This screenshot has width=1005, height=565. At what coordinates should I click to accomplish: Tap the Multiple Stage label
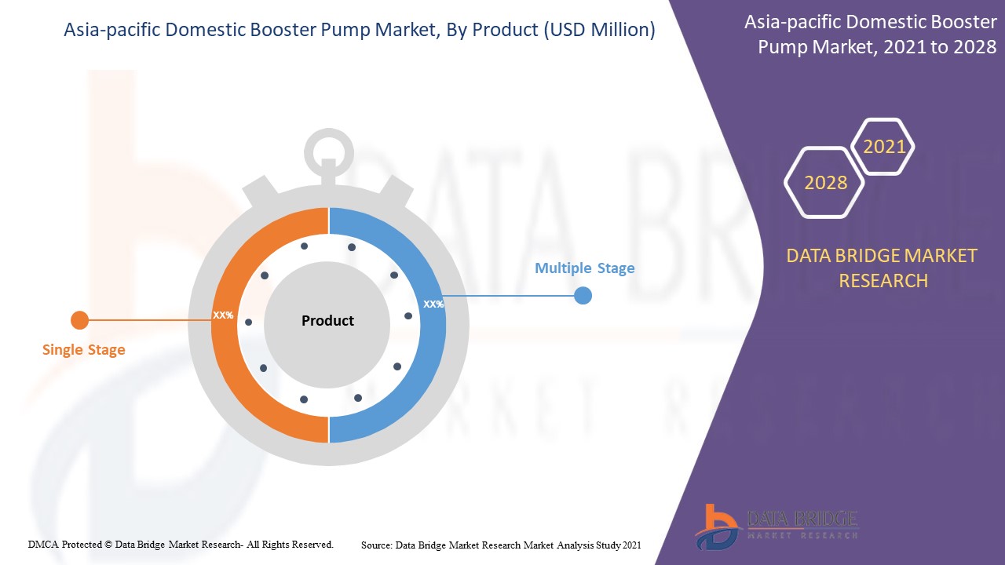click(x=584, y=268)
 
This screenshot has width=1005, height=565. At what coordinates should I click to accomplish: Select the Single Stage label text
click(x=83, y=350)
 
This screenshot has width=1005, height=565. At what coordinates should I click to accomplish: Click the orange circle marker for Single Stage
click(x=79, y=320)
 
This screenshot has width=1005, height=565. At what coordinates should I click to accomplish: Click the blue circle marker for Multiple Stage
click(x=583, y=296)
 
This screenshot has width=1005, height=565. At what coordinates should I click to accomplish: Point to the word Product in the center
click(x=327, y=321)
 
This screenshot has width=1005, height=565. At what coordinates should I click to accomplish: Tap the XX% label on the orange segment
click(x=223, y=315)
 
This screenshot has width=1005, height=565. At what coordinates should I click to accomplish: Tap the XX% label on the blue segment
click(x=433, y=304)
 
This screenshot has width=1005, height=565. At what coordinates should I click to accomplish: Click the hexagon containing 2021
click(x=884, y=147)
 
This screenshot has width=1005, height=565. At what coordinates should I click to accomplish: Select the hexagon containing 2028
click(x=825, y=183)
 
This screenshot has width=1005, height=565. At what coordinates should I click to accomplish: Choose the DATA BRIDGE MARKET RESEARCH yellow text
click(x=883, y=268)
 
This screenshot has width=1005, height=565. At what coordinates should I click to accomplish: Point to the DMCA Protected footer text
click(x=181, y=544)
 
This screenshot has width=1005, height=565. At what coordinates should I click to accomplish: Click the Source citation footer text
click(x=501, y=544)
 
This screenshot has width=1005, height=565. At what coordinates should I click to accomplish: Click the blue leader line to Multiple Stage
click(x=510, y=296)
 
